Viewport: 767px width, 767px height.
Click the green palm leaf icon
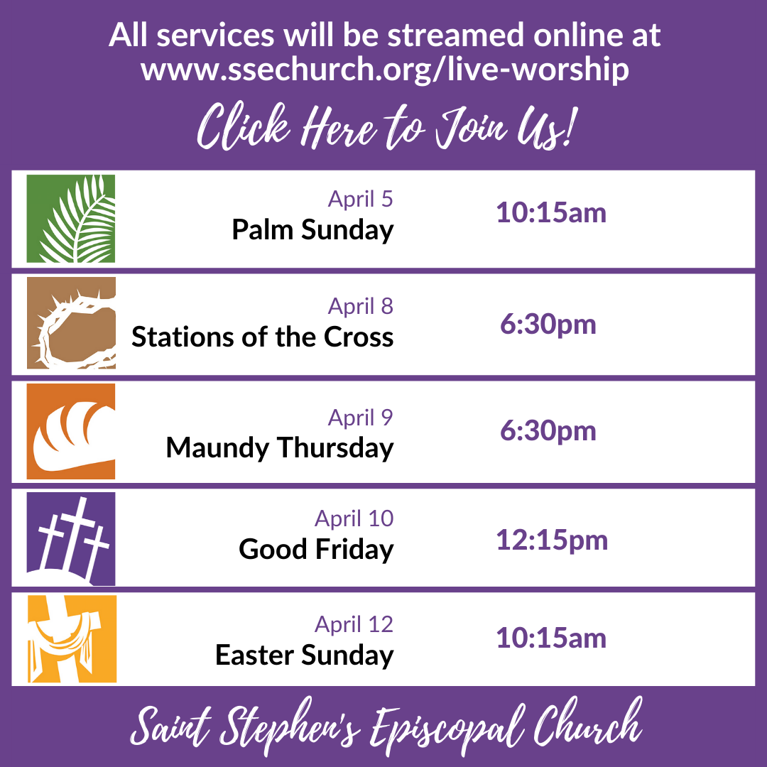71,219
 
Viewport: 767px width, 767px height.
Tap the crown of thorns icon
71,323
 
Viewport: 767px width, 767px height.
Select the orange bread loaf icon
71,431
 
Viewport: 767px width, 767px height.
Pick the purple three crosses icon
71,538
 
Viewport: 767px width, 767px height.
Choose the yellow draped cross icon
71,638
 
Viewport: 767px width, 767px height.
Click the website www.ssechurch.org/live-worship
384,70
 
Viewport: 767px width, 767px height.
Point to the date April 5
360,199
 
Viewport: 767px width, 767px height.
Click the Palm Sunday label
312,230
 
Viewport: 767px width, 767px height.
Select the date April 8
360,306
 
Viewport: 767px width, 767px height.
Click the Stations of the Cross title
262,337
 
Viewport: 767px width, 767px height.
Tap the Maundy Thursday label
279,448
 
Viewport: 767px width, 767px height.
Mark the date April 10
354,518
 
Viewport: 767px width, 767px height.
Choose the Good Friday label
316,549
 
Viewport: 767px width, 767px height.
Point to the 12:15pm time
552,540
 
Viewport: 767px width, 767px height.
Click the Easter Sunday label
304,655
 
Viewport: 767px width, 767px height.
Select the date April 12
354,624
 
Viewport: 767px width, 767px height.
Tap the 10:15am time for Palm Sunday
551,213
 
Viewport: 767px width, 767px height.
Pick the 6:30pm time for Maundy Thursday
548,431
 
